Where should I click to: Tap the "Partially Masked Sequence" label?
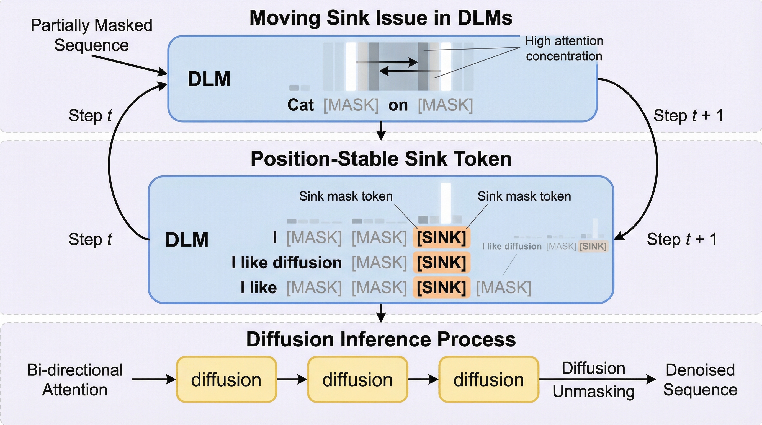point(91,35)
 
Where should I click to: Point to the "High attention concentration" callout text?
point(564,48)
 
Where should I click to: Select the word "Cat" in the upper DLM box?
point(300,105)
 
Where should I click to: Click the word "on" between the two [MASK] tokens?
point(398,105)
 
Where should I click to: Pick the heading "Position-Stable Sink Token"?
point(381,159)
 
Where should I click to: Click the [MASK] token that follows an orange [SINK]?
point(504,287)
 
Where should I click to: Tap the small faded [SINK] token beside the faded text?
point(593,246)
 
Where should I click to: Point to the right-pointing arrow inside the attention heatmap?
point(388,62)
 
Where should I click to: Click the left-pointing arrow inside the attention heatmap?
point(410,71)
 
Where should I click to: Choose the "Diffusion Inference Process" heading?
point(381,339)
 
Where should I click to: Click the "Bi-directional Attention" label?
point(75,380)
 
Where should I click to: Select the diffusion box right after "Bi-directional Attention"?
point(226,380)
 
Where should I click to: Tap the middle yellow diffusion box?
point(357,380)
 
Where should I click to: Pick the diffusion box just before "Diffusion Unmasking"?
point(488,380)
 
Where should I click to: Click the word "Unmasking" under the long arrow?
point(593,391)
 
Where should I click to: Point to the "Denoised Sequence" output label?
point(700,380)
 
